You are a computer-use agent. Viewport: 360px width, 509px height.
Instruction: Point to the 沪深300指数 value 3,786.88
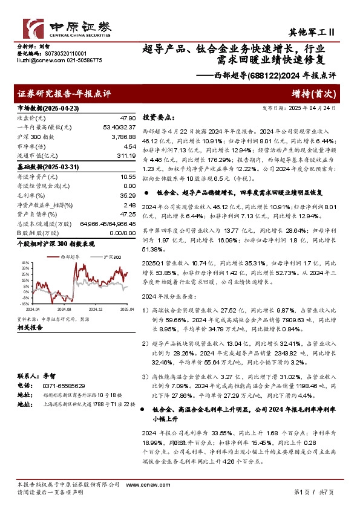point(122,137)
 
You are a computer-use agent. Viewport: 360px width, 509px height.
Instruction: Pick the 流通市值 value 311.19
point(125,156)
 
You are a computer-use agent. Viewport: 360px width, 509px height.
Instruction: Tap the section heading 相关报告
point(28,327)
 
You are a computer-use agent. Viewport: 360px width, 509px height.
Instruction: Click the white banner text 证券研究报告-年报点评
point(64,94)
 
